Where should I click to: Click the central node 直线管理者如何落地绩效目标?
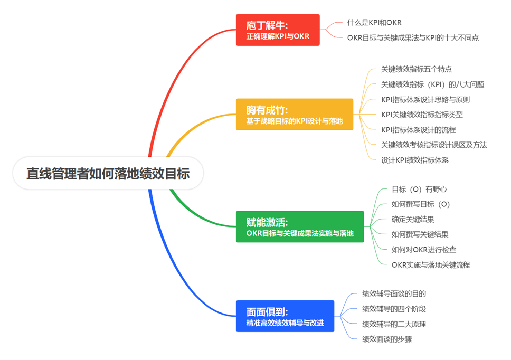click(x=108, y=173)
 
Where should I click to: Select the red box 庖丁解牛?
click(x=278, y=30)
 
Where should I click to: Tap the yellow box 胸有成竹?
click(x=295, y=115)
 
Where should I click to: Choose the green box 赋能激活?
click(x=300, y=227)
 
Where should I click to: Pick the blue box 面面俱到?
click(x=285, y=316)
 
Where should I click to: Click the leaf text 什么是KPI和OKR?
click(x=374, y=23)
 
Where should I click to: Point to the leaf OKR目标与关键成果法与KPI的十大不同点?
click(x=413, y=37)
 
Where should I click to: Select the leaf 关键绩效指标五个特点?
click(x=416, y=69)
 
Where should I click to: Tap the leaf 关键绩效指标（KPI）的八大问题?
click(x=432, y=84)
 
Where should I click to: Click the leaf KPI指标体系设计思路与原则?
click(x=425, y=99)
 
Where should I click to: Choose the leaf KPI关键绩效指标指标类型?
click(x=422, y=115)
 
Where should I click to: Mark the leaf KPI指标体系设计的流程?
click(x=418, y=130)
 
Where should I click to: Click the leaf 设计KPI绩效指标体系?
click(x=414, y=160)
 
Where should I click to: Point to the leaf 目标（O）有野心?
click(x=419, y=189)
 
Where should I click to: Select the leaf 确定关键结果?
click(x=413, y=219)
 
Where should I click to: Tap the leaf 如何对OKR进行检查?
click(x=424, y=249)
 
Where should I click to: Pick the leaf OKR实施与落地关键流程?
click(x=430, y=264)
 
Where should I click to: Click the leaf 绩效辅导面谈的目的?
click(x=394, y=293)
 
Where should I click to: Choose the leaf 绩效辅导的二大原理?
click(x=394, y=324)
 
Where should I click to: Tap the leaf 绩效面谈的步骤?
click(x=387, y=339)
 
